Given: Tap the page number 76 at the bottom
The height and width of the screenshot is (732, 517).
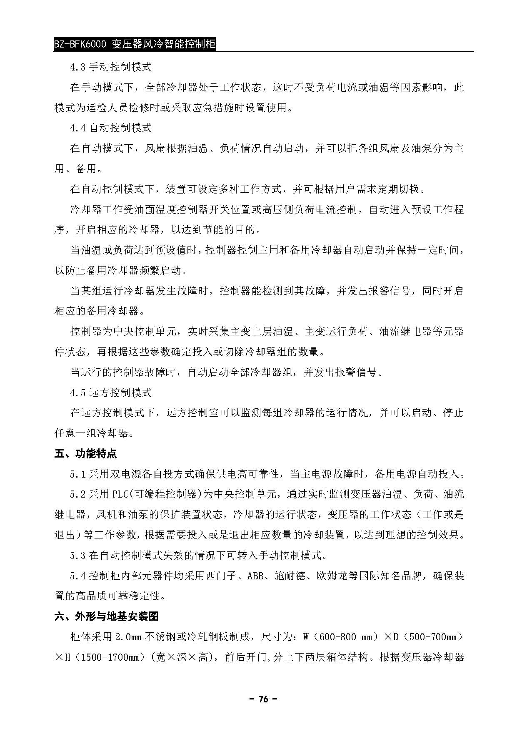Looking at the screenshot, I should pyautogui.click(x=263, y=699).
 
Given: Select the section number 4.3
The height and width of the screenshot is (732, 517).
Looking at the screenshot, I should pyautogui.click(x=78, y=67).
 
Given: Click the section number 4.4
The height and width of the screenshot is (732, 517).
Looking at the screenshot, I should pyautogui.click(x=78, y=128).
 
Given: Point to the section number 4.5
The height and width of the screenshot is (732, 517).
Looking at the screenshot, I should pyautogui.click(x=78, y=393).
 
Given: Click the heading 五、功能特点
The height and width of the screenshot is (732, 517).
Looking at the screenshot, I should pyautogui.click(x=86, y=453).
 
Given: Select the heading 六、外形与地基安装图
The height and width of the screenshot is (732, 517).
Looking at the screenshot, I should pyautogui.click(x=106, y=616).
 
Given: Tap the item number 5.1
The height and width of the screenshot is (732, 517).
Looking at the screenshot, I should pyautogui.click(x=78, y=474).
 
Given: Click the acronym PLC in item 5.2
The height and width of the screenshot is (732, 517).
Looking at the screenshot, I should pyautogui.click(x=121, y=495).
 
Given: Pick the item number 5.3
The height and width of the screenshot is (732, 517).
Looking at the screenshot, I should pyautogui.click(x=78, y=556).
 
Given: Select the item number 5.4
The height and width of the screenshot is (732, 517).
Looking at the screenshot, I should pyautogui.click(x=78, y=576).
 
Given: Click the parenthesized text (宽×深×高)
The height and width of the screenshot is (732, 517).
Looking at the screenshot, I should pyautogui.click(x=180, y=658).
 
